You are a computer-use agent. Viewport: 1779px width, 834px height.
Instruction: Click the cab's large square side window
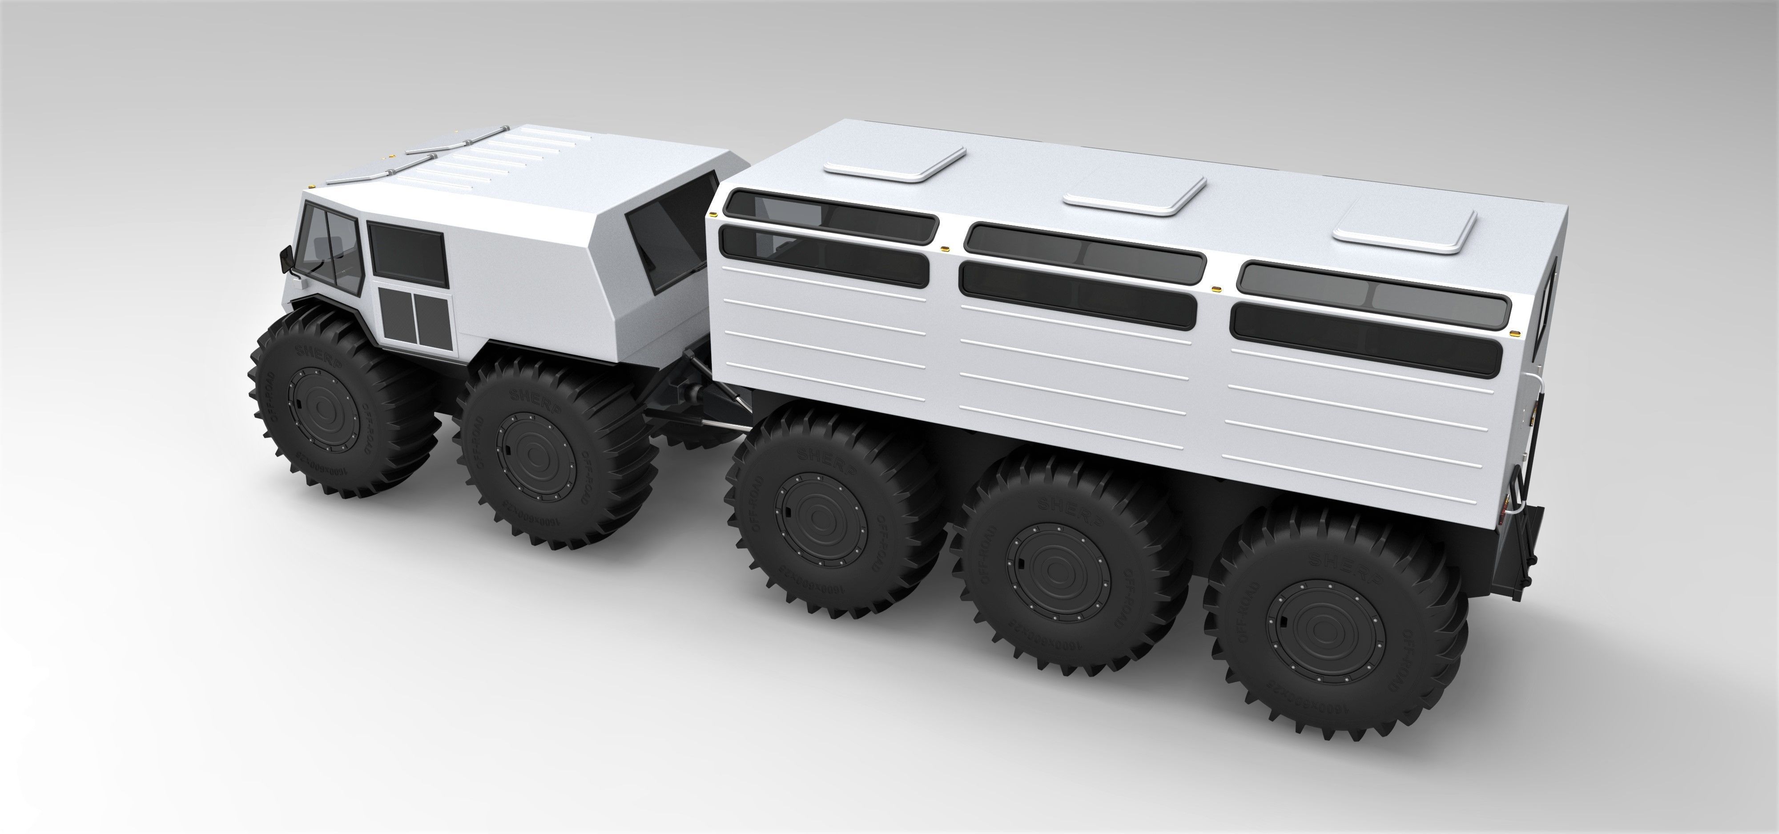[x=406, y=252]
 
